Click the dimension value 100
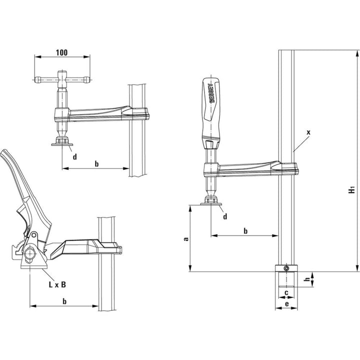coord(62,52)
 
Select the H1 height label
coord(351,189)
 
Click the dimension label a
coord(185,239)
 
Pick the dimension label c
coord(285,292)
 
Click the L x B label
coord(56,284)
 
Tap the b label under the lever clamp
coord(64,301)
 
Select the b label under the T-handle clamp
coord(96,163)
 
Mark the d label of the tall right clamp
coord(225,216)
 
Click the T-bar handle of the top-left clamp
coord(63,79)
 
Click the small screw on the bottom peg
coord(286,269)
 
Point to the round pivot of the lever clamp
coord(29,254)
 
